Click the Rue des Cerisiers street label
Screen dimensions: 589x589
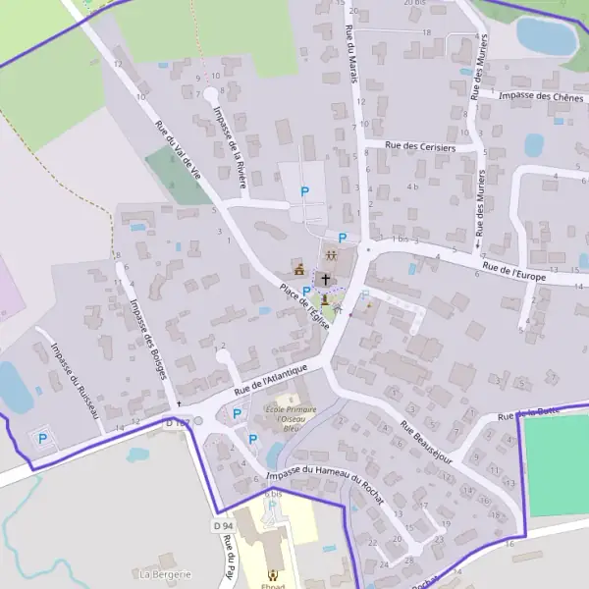[421, 147]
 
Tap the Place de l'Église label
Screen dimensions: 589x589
[303, 308]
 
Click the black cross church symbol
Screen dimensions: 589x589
[326, 280]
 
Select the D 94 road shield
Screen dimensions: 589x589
[223, 527]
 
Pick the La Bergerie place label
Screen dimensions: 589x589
[165, 573]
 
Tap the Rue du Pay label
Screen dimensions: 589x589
[229, 557]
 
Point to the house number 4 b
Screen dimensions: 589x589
[413, 187]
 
